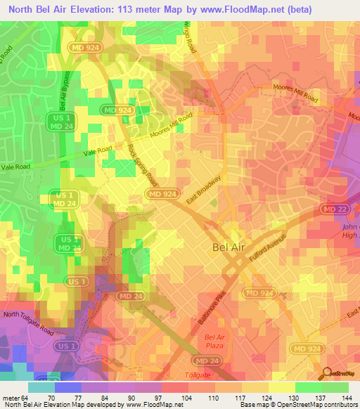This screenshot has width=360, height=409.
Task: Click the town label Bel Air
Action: click(x=229, y=247)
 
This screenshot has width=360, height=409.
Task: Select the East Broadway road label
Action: click(x=205, y=190)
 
